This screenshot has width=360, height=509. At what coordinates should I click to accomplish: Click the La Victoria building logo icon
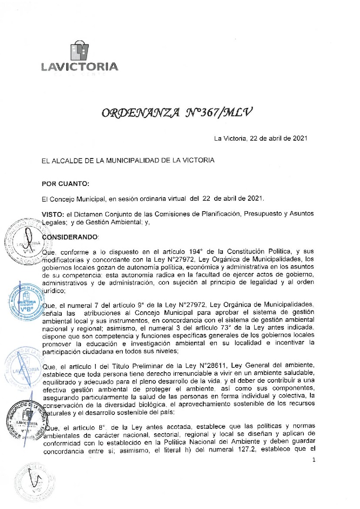[x=80, y=51]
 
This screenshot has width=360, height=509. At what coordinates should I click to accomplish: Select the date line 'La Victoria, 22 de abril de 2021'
[x=261, y=139]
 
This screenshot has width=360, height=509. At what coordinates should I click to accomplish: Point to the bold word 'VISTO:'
[x=52, y=214]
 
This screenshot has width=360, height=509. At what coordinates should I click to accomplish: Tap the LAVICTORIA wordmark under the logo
[x=80, y=67]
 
